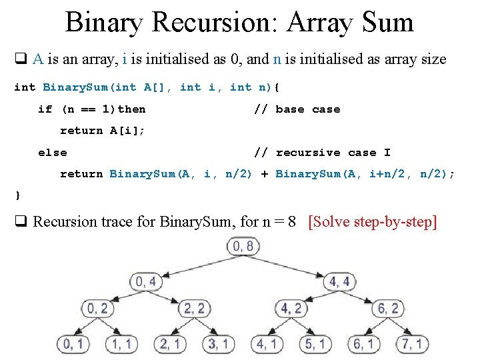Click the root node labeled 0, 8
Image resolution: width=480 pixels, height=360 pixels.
coord(241,247)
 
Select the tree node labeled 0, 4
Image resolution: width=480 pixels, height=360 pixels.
coord(146,281)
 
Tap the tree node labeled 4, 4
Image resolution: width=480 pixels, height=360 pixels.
coord(340,281)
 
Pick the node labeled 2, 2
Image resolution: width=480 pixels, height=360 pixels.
coord(194,309)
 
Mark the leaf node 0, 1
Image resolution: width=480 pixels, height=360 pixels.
coord(73,343)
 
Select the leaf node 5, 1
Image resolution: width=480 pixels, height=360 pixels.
coord(315,343)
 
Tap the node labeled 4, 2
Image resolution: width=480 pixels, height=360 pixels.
coord(291,309)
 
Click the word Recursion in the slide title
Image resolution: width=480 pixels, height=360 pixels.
coord(217,22)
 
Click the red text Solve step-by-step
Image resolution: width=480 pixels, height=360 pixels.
coord(373,221)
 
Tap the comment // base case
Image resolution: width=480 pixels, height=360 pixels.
coord(297,109)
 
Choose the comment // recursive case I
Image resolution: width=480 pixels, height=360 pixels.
coord(322,153)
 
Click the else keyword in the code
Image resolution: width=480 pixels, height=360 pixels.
coord(53,153)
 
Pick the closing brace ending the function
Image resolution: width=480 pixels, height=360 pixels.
coord(17,195)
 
